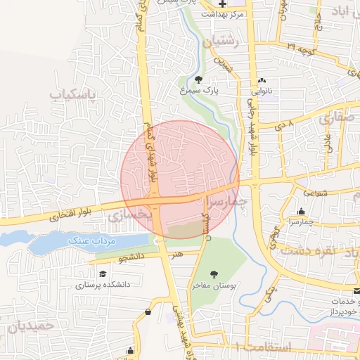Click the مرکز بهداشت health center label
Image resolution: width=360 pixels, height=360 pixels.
(x=221, y=14)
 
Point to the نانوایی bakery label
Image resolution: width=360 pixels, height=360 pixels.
(x=262, y=91)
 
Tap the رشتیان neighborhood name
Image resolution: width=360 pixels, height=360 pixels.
(x=221, y=42)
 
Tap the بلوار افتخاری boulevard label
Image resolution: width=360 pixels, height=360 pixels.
(x=53, y=216)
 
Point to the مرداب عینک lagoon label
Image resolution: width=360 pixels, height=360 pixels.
(x=89, y=241)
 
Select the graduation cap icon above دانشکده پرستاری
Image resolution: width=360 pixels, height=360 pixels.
(x=103, y=274)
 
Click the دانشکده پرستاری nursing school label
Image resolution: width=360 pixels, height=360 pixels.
(x=103, y=285)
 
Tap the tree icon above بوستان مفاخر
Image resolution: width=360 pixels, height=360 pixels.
(x=214, y=274)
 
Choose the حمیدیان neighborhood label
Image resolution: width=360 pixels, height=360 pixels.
(x=28, y=326)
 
